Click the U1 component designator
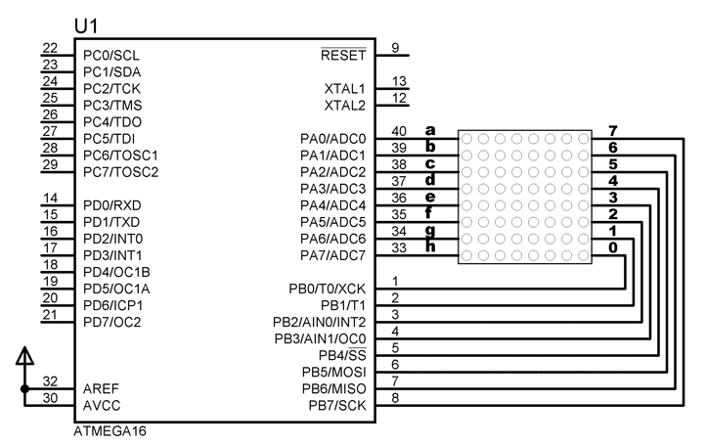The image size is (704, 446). [86, 24]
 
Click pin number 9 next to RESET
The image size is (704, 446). [394, 48]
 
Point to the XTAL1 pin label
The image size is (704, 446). [344, 88]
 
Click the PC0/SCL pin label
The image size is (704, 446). [111, 55]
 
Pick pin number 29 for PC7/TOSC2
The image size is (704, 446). [51, 164]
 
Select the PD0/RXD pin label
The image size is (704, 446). [113, 205]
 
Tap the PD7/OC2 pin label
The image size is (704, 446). [112, 322]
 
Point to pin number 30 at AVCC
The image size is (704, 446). [51, 397]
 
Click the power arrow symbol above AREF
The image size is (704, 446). [24, 357]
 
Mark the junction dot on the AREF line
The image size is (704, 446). [24, 388]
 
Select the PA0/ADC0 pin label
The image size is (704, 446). [332, 139]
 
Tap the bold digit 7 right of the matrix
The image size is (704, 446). [612, 131]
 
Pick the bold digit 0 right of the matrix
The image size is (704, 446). [612, 247]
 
